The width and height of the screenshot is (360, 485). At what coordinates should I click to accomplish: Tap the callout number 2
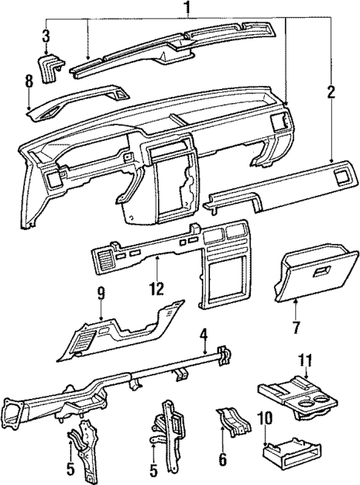[330, 93]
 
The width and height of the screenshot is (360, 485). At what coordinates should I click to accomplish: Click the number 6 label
[221, 461]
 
